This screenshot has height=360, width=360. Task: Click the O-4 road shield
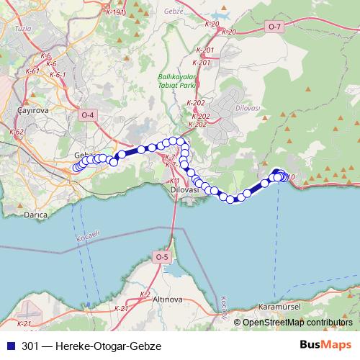pyautogui.click(x=88, y=116)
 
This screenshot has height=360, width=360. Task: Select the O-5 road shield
pyautogui.click(x=161, y=257)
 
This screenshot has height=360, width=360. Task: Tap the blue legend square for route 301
pyautogui.click(x=10, y=346)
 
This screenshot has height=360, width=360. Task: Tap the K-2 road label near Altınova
pyautogui.click(x=145, y=294)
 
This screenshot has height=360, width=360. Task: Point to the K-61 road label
pyautogui.click(x=32, y=71)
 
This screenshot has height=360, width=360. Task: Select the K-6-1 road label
pyautogui.click(x=58, y=75)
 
